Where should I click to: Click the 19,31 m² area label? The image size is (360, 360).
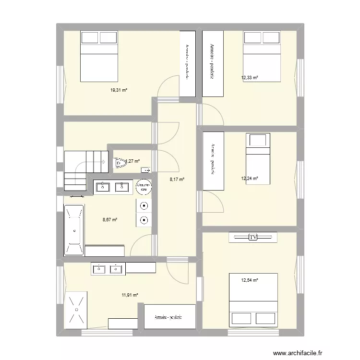(x=120, y=90)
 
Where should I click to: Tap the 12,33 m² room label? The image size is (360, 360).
(x=249, y=77)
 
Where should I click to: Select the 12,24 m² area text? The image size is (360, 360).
(x=249, y=179)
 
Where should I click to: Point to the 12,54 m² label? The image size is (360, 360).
(x=250, y=280)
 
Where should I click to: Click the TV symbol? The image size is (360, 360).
(x=253, y=237)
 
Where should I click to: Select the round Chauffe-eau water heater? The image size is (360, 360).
(x=144, y=187)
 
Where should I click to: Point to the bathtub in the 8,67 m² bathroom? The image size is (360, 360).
(x=74, y=230)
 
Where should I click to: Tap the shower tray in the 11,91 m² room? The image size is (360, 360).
(x=75, y=310)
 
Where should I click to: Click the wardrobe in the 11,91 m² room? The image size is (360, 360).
(x=169, y=317)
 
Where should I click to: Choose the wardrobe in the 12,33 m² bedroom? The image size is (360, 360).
(x=213, y=63)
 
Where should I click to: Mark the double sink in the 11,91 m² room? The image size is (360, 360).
(x=107, y=269)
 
